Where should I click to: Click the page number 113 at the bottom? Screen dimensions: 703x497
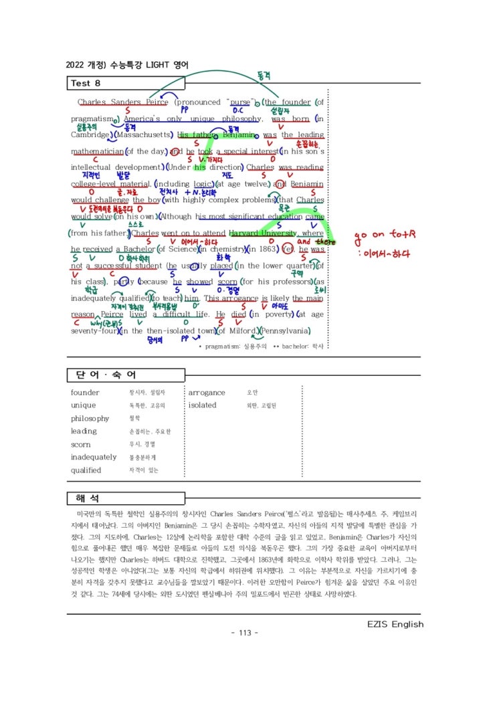coord(243,633)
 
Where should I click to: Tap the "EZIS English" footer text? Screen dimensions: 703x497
coord(395,624)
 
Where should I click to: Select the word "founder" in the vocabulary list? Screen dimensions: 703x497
coord(85,393)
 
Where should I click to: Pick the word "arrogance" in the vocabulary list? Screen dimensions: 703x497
coord(207,393)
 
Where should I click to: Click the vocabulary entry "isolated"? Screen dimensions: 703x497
coord(203,405)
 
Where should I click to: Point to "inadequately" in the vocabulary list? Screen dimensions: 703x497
coord(94,457)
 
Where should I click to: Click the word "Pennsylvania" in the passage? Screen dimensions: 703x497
coord(285,331)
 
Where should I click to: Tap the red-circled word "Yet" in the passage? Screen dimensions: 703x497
coord(288,249)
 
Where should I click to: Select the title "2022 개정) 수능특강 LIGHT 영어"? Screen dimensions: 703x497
coord(127,65)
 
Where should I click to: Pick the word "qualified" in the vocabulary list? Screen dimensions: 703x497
coord(86,470)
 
